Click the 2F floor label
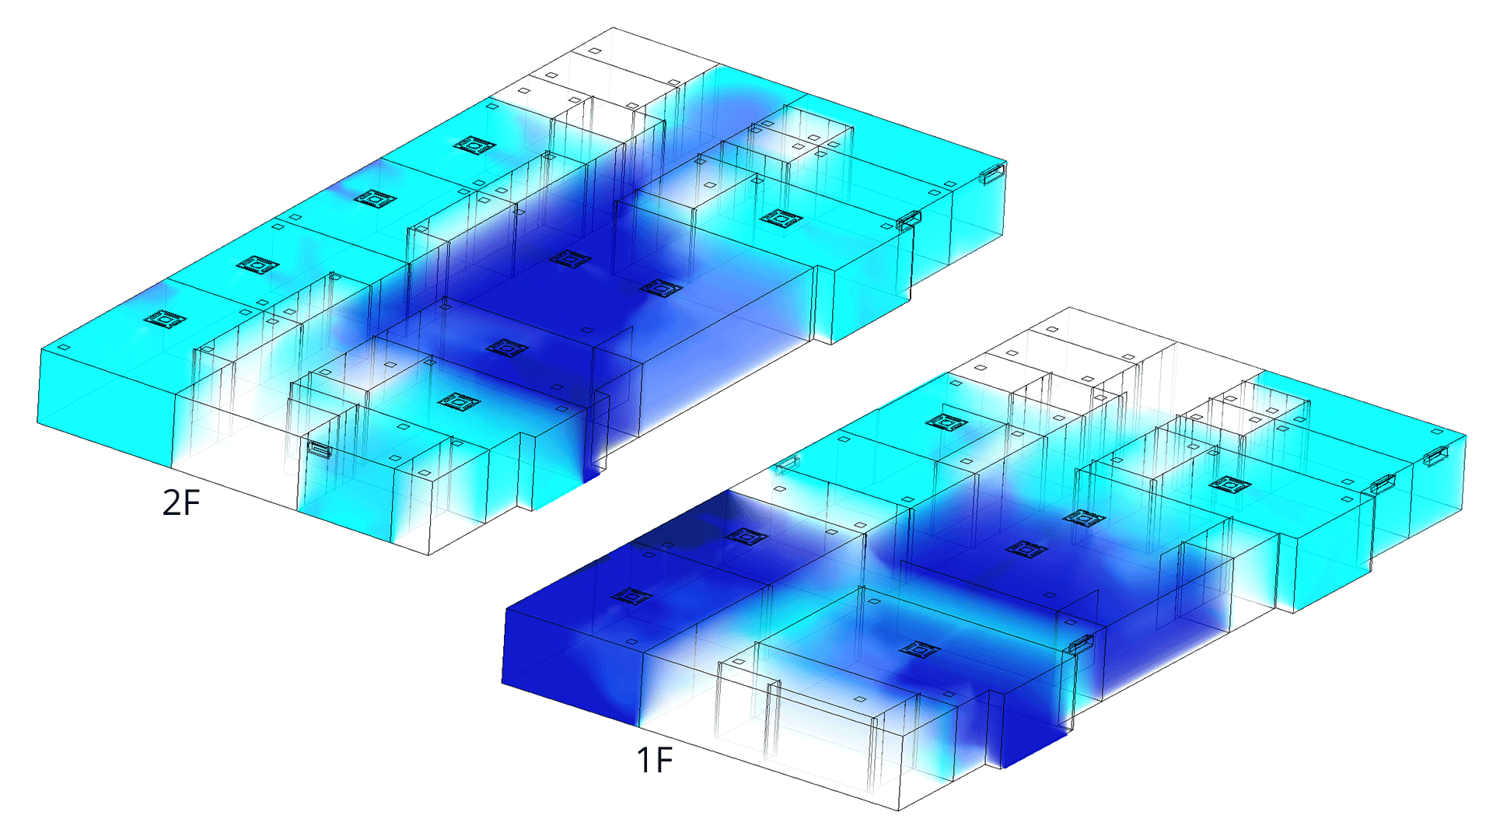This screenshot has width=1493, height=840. point(181,502)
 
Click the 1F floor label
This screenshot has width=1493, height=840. point(654,760)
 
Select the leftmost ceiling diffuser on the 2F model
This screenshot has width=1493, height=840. point(165,319)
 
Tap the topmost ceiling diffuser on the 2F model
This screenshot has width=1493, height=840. point(474,145)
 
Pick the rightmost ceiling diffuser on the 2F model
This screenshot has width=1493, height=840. point(781,218)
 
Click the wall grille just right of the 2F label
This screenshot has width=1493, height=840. point(320,449)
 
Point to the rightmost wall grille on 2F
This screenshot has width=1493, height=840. point(993,173)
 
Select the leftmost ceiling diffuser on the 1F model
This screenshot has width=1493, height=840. point(632,597)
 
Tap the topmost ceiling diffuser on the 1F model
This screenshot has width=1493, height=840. point(946,422)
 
